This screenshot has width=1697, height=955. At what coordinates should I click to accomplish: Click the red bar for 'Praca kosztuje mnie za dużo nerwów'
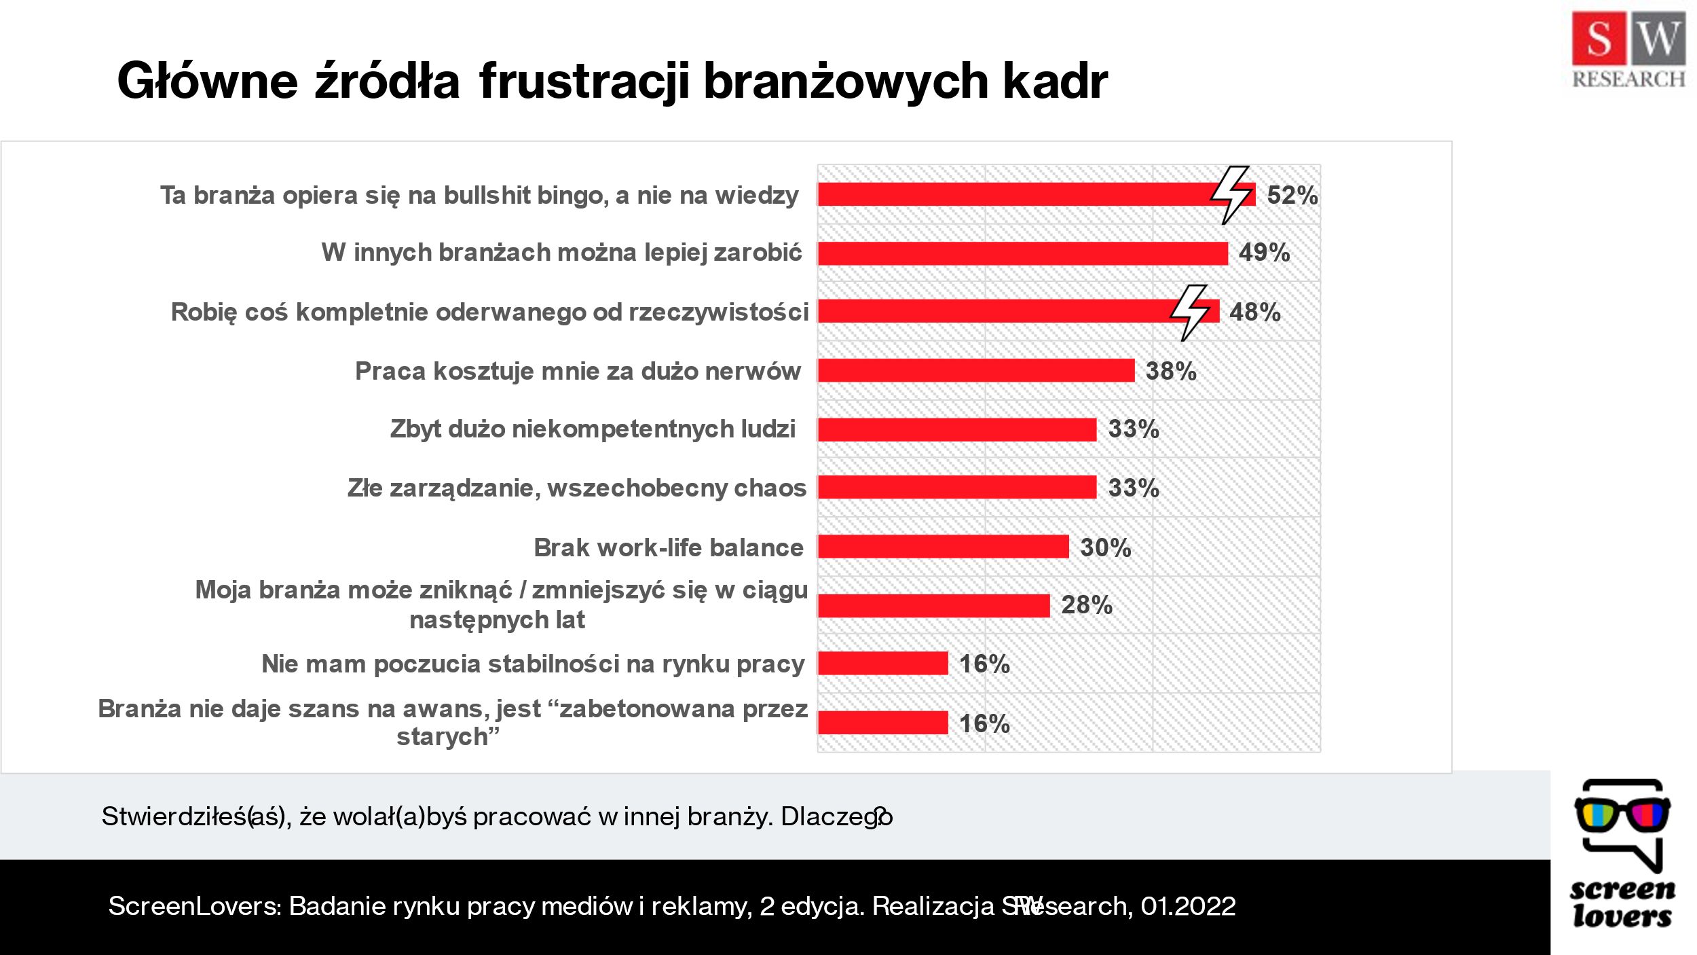click(x=975, y=370)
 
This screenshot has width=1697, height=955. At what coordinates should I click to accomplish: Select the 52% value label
click(x=1292, y=196)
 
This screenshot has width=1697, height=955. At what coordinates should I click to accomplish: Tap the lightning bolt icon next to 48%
click(x=1189, y=312)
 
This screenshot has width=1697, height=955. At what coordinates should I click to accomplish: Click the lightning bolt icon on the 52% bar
click(x=1231, y=194)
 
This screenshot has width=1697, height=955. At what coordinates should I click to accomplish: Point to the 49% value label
click(x=1264, y=253)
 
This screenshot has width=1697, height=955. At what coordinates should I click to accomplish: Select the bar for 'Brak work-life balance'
click(x=943, y=547)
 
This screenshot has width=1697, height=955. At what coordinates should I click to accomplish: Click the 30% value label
click(x=1105, y=547)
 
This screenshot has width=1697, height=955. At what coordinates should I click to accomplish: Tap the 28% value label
click(x=1086, y=605)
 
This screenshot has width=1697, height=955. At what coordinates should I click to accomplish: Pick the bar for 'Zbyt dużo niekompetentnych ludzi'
click(x=956, y=429)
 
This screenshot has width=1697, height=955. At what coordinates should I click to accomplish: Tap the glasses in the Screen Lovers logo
click(x=1622, y=814)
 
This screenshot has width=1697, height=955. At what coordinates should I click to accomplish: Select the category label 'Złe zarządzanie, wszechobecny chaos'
click(x=576, y=488)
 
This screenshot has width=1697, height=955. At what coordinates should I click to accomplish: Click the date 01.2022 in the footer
click(x=1188, y=906)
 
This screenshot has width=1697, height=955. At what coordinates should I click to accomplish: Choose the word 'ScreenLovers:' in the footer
click(x=194, y=906)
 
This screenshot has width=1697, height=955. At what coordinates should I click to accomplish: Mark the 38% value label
click(x=1170, y=371)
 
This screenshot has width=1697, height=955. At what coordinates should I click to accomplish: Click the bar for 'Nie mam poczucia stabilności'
click(x=882, y=663)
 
